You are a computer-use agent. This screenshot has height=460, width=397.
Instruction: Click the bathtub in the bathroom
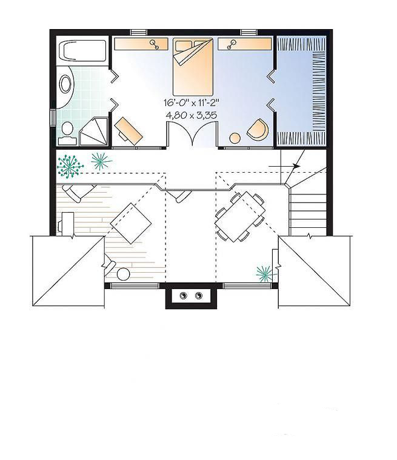pos(82,51)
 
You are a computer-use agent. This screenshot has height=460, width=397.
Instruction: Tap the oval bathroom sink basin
pos(65,84)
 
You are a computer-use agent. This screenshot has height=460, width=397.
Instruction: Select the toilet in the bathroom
pos(68,134)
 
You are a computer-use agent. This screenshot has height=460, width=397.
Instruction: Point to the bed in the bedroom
pos(193,62)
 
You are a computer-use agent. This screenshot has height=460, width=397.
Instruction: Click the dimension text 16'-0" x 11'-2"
pos(192,102)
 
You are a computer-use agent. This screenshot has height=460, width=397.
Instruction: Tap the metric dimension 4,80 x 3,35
pos(192,115)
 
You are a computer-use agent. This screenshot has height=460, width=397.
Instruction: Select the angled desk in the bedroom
pos(128,131)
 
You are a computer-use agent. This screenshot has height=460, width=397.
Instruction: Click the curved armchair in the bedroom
pos(258,130)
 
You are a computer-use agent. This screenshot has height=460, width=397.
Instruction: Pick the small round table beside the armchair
pos(235,138)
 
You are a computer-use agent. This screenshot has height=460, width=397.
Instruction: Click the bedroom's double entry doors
pos(192,134)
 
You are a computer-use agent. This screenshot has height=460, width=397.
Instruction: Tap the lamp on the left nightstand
pos(155,44)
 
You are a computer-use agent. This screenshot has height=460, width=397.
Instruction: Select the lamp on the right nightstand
pos(232,44)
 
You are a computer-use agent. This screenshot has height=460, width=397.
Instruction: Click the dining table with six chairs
pos(240,216)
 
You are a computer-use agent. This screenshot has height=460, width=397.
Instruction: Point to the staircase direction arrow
pos(284,166)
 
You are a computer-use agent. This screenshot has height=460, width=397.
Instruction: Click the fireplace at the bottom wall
pos(192,296)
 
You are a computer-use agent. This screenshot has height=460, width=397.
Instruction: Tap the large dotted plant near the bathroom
pos(70,166)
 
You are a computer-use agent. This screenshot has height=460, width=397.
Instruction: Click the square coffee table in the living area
pos(131,223)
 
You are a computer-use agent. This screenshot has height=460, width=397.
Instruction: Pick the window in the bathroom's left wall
pos(53,118)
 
